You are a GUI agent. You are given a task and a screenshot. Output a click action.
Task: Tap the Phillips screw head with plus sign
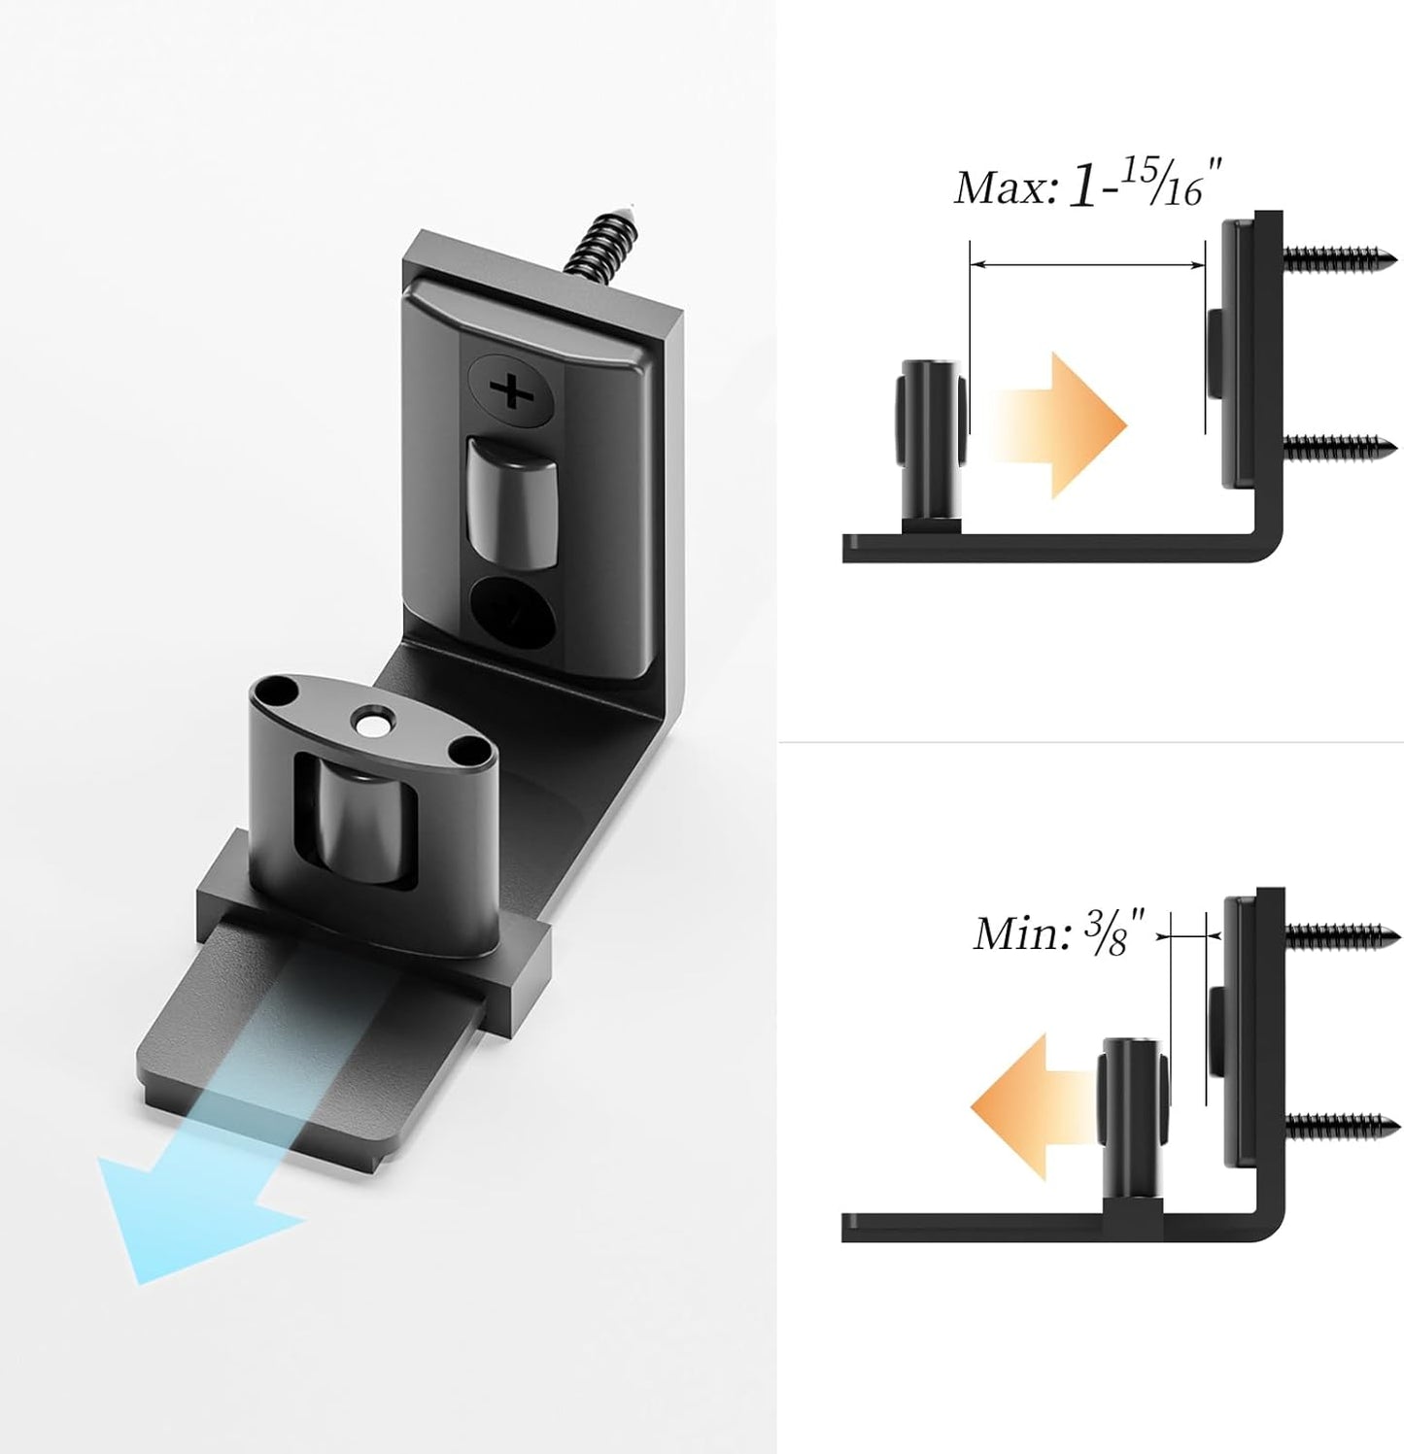click(512, 391)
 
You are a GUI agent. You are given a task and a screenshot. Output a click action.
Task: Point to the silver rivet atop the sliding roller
click(370, 723)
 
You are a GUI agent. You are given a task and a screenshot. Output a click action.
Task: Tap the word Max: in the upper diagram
click(1005, 188)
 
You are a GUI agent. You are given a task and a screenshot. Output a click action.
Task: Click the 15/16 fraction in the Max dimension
click(1165, 183)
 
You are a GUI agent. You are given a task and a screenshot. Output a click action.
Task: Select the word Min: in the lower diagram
click(1019, 934)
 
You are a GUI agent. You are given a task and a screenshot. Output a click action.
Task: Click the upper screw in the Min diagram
click(1341, 936)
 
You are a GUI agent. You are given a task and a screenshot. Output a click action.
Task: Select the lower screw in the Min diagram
click(1341, 1126)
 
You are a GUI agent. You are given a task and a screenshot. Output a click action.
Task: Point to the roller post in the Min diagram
click(1131, 1117)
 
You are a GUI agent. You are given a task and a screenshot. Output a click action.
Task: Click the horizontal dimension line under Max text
click(1086, 263)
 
